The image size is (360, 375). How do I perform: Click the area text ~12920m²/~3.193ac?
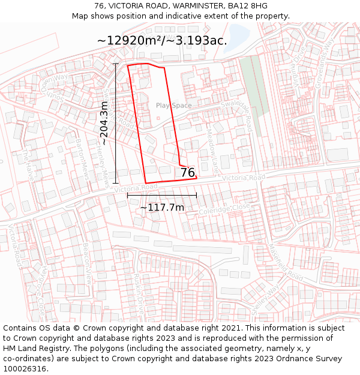162,41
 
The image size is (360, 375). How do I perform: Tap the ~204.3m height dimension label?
104,123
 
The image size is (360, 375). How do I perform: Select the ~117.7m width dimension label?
162,208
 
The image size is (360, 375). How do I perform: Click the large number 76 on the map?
188,173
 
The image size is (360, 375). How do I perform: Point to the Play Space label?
174,106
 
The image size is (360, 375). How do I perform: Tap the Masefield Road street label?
286,263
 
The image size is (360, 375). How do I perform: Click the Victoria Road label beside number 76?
242,178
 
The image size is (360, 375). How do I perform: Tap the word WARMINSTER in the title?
194,6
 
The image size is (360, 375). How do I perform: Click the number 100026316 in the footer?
24,368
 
